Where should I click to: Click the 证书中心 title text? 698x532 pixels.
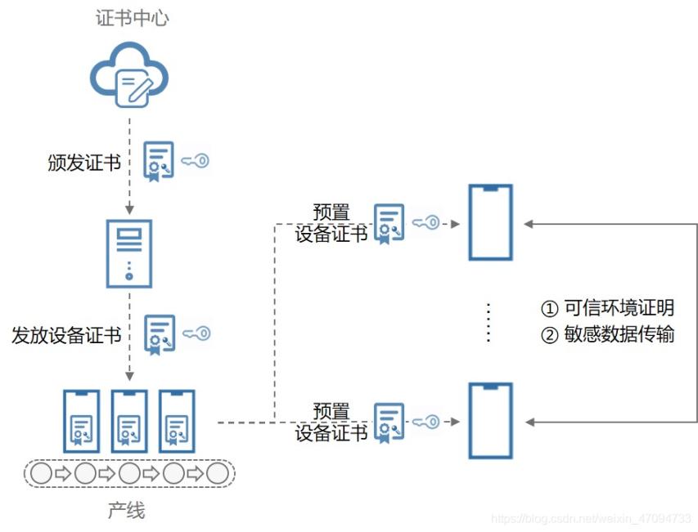[x=128, y=18]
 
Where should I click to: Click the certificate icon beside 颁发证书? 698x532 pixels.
[x=158, y=161]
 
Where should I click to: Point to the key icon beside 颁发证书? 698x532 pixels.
[x=195, y=161]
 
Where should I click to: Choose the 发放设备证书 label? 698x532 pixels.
[x=66, y=335]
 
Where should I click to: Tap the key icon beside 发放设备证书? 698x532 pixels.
[x=196, y=333]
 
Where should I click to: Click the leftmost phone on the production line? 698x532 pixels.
[x=81, y=421]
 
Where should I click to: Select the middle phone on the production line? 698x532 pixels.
[x=128, y=421]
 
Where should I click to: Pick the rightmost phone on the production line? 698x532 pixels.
[x=176, y=421]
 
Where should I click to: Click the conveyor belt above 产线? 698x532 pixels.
[x=128, y=473]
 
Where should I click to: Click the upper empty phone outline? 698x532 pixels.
[x=490, y=222]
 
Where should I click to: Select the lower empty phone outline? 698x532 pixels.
[x=490, y=421]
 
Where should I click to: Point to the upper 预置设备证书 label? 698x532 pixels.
[x=331, y=222]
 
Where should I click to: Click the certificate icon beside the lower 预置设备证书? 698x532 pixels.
[x=389, y=422]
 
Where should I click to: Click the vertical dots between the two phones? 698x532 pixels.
[x=489, y=322]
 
